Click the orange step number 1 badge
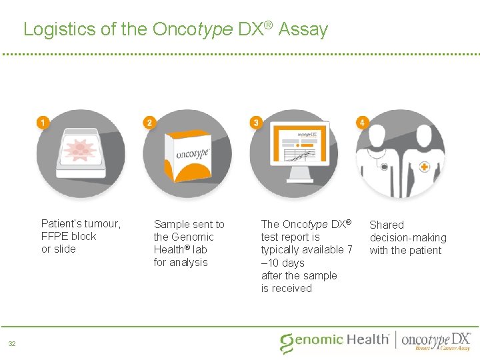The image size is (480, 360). click(43, 123)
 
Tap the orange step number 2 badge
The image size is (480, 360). click(149, 123)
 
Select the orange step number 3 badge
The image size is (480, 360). click(255, 123)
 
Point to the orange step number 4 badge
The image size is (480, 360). click(362, 123)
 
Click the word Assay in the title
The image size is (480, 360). click(303, 29)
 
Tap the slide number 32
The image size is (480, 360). click(12, 344)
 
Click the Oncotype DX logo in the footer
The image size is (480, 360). click(437, 340)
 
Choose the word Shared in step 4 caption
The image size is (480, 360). click(387, 225)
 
